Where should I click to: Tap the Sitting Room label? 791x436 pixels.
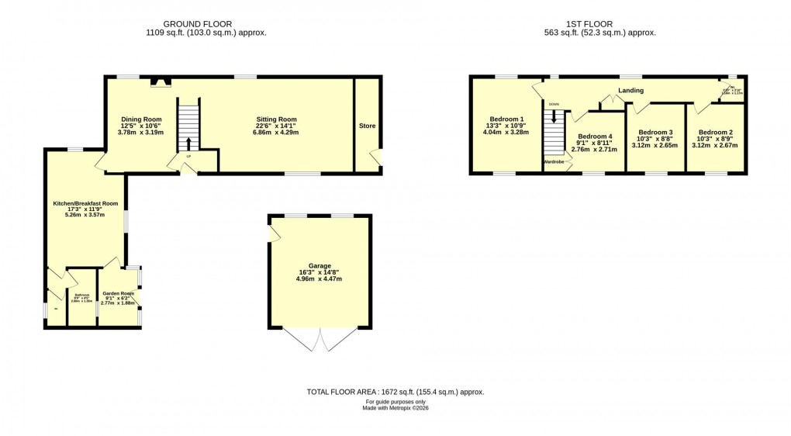tap(277, 119)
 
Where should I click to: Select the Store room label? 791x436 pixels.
tap(367, 126)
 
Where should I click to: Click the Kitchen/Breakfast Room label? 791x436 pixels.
tap(85, 203)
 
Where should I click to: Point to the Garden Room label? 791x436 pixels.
tap(118, 293)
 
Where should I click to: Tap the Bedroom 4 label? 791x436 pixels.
tap(595, 137)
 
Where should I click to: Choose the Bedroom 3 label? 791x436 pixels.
tap(655, 132)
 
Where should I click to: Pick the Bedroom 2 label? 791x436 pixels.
tap(714, 132)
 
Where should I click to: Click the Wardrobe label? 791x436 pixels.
tap(554, 161)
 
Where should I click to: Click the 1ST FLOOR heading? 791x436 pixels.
tap(599, 24)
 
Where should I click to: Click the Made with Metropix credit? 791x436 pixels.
tap(395, 408)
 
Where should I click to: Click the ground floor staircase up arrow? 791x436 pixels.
tap(188, 144)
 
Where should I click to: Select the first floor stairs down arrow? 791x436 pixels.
tap(553, 116)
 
